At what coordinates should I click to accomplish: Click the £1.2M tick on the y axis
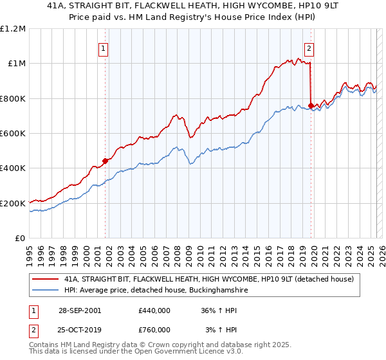point(14,28)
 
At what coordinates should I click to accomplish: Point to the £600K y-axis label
point(13,133)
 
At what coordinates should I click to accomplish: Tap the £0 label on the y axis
point(20,238)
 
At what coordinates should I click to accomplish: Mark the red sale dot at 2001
point(106,161)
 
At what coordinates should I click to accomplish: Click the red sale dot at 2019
point(311,105)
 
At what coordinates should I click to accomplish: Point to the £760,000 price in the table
point(154,330)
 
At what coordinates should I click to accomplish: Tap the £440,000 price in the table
point(154,310)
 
